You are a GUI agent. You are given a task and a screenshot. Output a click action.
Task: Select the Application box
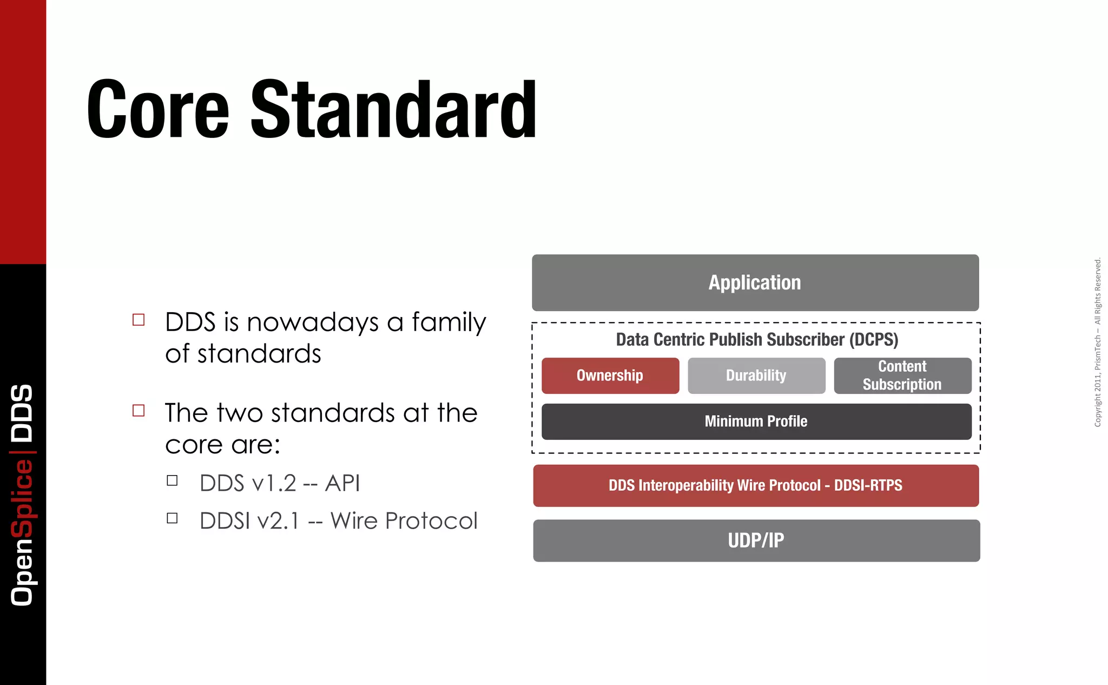coord(755,282)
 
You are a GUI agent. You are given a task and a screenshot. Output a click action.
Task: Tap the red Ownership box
coord(610,376)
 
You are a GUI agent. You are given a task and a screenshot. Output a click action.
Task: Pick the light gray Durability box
coord(756,376)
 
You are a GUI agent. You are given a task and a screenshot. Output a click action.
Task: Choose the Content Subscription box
coord(902,376)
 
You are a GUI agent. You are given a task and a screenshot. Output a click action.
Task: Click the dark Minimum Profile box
coord(756,421)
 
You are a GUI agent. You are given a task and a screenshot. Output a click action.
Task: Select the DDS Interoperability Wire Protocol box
coord(756,485)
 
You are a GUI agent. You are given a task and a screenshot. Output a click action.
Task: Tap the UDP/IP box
coord(756,541)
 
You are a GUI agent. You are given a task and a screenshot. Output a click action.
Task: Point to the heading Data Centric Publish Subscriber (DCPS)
coord(757,339)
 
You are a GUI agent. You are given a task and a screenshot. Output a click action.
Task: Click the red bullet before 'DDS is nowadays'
coord(138,320)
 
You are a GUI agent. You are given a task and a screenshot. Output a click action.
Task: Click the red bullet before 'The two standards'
coord(138,411)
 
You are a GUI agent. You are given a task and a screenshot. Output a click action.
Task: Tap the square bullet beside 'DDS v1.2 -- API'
coord(172,480)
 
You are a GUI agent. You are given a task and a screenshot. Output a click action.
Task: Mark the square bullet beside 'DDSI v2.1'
coord(172,518)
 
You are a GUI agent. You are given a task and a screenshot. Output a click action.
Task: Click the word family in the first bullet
coord(449,322)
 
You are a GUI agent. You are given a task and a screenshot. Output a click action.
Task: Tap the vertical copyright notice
coord(1097,343)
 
